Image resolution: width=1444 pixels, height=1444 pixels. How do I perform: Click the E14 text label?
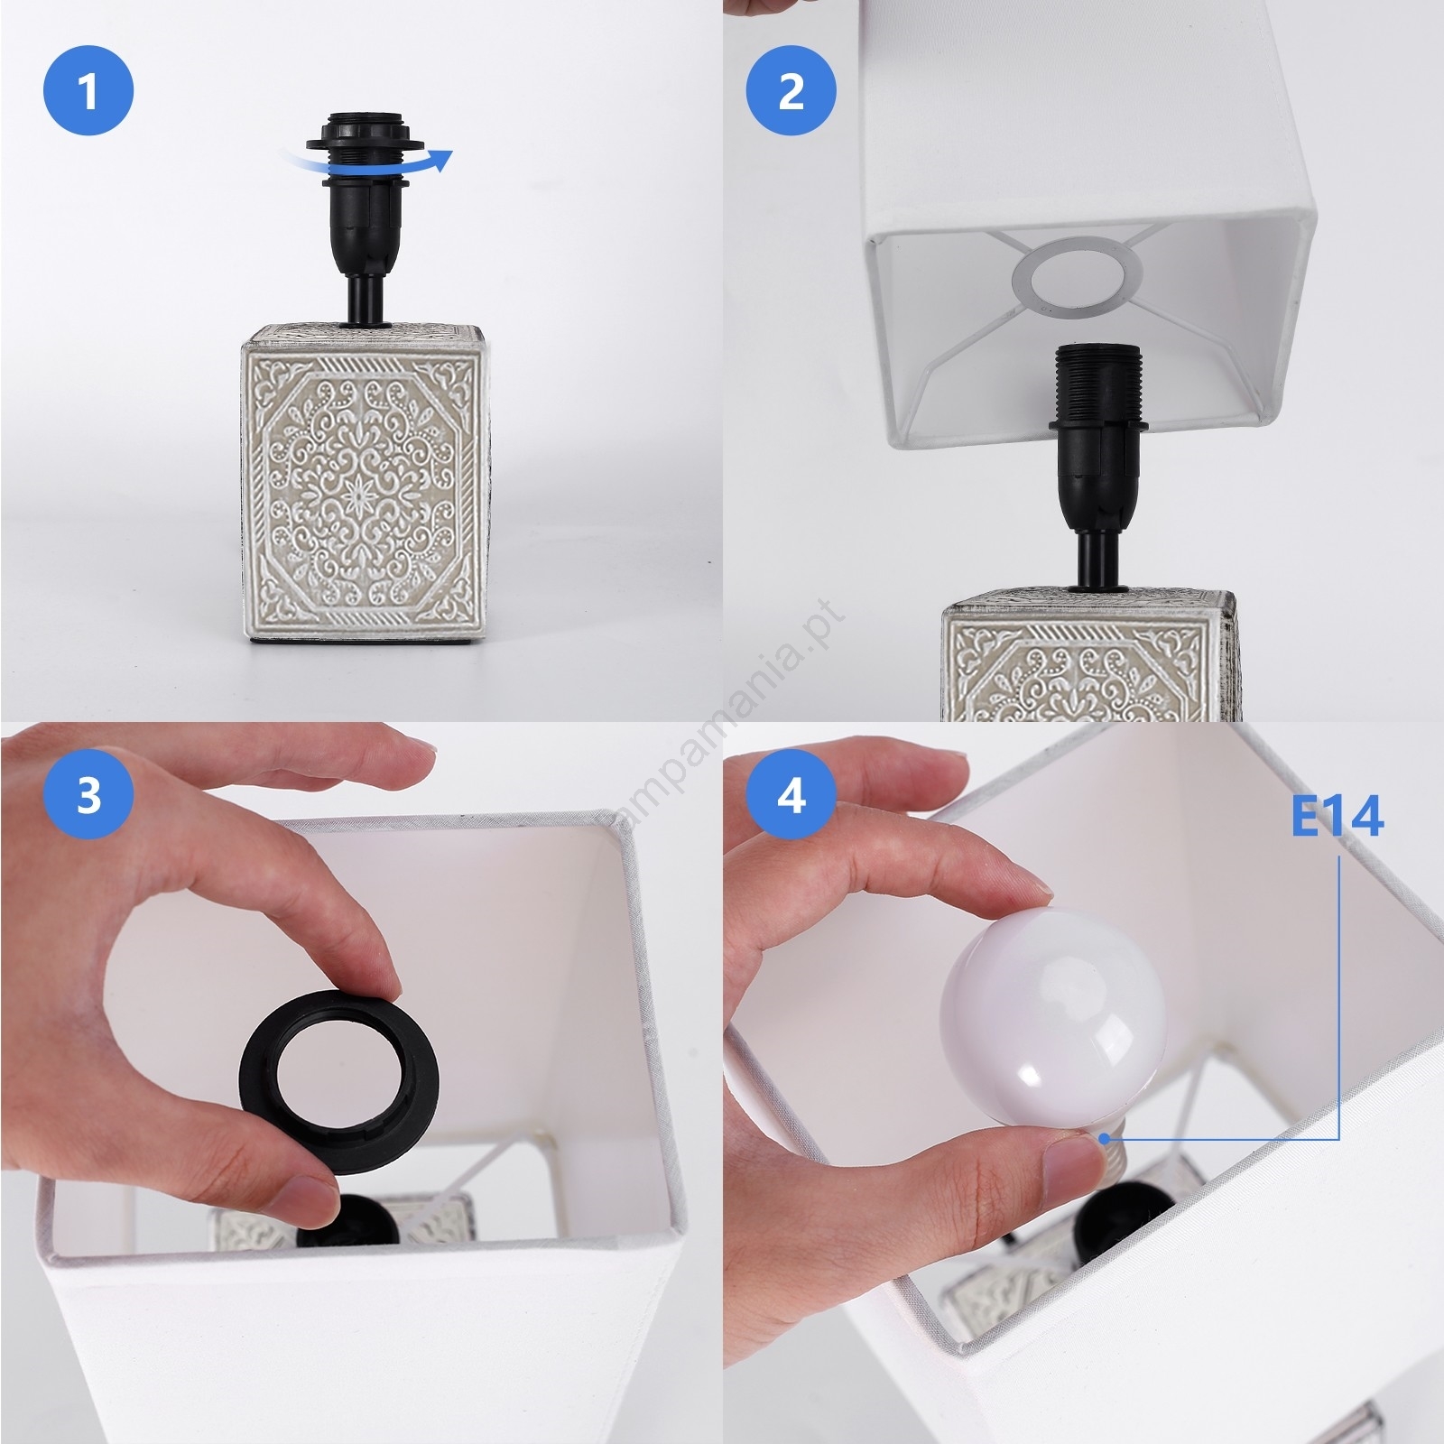click(1337, 817)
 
